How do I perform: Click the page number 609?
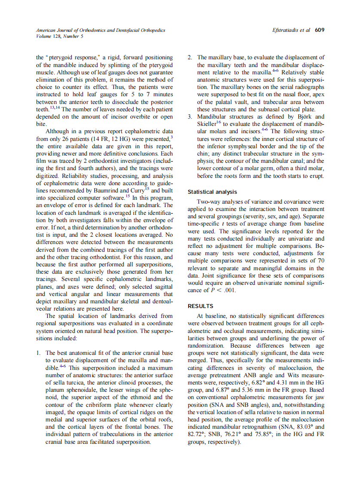[319, 30]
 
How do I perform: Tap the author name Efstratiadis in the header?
[286, 30]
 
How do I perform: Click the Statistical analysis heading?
[212, 192]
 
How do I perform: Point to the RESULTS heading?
[200, 306]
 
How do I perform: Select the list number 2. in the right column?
[191, 57]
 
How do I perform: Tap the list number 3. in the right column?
[191, 117]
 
